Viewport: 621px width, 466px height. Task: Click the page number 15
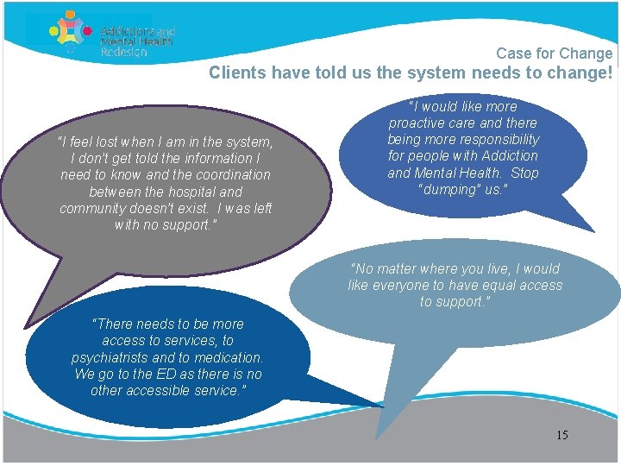tap(562, 435)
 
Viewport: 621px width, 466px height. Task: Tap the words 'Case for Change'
tap(554, 54)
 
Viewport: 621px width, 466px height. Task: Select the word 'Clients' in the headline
tap(238, 73)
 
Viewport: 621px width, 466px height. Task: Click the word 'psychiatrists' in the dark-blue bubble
tap(113, 358)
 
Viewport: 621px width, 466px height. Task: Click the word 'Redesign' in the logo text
tap(124, 52)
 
